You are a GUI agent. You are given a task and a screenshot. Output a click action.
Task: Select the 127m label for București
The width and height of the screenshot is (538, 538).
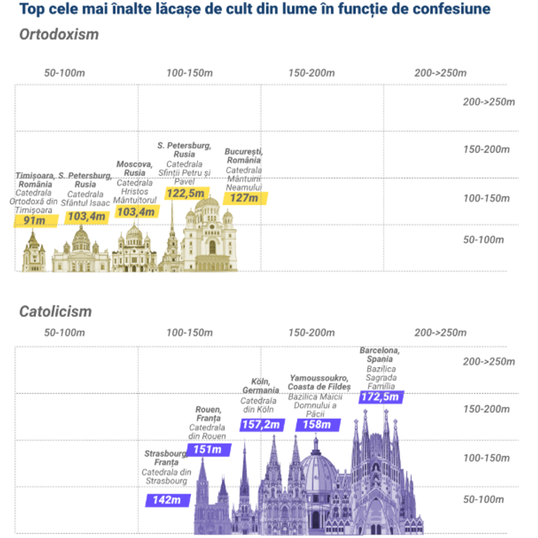click(245, 198)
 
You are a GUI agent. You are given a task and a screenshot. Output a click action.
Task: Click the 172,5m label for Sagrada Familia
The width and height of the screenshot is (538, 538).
click(381, 397)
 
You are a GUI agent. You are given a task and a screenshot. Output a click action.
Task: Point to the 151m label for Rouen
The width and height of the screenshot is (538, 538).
click(208, 449)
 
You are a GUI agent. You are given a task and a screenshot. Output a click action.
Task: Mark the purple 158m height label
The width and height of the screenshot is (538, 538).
click(317, 425)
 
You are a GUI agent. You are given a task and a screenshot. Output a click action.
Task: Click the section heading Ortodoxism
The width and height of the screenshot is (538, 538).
click(59, 35)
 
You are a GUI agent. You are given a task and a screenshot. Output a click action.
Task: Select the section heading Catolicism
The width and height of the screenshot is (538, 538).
click(55, 312)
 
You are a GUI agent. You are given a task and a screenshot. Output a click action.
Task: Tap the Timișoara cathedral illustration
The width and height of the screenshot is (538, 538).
click(33, 254)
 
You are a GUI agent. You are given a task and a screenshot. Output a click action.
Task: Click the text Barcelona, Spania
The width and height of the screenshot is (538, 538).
click(380, 354)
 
